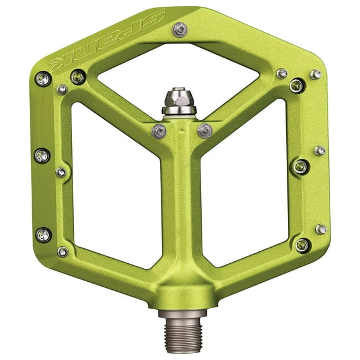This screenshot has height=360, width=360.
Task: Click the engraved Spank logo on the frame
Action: click(107, 42)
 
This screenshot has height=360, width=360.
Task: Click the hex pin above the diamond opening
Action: click(180, 30)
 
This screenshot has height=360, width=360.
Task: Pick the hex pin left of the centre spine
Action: click(159, 132)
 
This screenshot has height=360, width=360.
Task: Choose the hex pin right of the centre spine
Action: click(205, 131)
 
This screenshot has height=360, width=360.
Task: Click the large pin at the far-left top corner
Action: click(43, 79)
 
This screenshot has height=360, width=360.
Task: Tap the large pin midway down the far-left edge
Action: click(42, 155)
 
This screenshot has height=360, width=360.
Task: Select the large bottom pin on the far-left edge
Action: click(43, 235)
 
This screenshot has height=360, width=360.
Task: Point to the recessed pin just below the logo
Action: click(78, 77)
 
